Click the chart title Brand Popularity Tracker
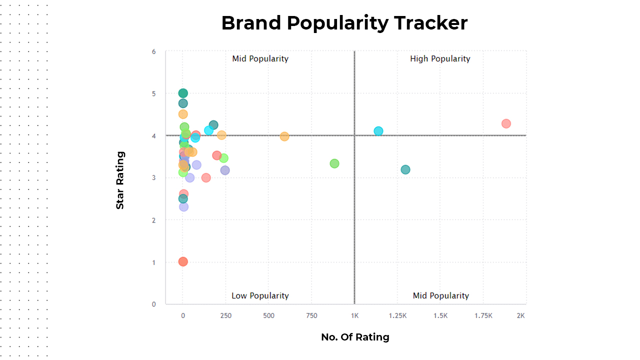click(344, 23)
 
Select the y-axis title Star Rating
click(120, 180)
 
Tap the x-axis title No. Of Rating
click(355, 337)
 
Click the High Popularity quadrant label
click(440, 59)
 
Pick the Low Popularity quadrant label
click(260, 295)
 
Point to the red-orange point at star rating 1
click(183, 261)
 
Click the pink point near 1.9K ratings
click(506, 123)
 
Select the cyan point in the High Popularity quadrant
click(378, 131)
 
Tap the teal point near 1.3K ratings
click(405, 169)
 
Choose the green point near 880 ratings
click(334, 163)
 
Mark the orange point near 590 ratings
click(284, 136)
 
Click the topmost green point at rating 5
click(183, 93)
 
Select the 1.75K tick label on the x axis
click(483, 315)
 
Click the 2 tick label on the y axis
click(153, 220)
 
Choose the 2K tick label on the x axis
click(520, 315)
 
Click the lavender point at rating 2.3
click(183, 207)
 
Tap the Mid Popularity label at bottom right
click(441, 295)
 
